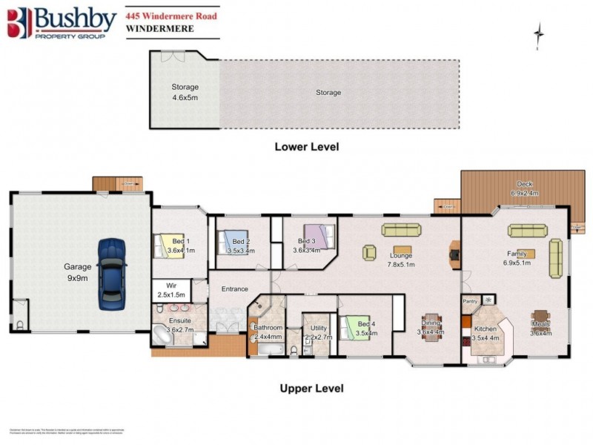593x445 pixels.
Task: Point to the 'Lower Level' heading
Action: (x=306, y=147)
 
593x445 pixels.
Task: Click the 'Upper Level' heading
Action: (x=311, y=388)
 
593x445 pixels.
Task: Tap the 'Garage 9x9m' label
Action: (x=77, y=271)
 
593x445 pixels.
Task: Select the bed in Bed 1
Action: (x=162, y=245)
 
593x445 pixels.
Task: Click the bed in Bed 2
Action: (x=227, y=242)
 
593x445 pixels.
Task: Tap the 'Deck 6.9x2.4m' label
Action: (x=523, y=188)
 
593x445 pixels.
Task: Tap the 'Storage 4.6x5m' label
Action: (x=185, y=91)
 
